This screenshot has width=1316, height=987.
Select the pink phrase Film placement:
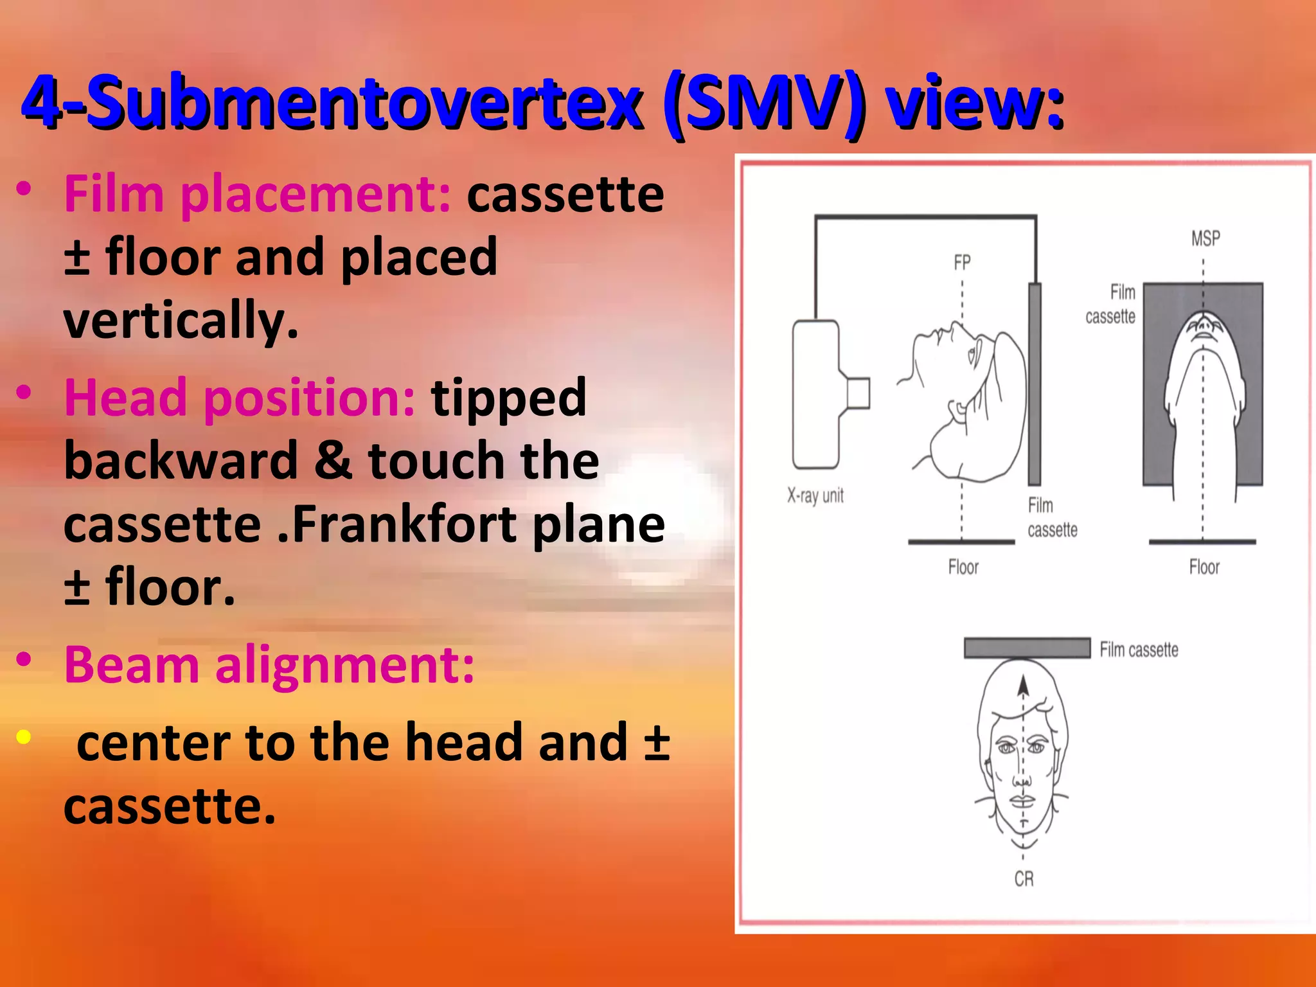point(257,194)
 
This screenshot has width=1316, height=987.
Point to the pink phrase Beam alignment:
point(269,665)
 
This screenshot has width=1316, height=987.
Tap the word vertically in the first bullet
point(181,320)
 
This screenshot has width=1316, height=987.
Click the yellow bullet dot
point(24,737)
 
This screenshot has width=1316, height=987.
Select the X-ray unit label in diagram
point(815,495)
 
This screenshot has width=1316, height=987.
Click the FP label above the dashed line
point(961,263)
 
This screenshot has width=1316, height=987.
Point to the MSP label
point(1205,239)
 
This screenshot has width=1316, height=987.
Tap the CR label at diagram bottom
point(1024,878)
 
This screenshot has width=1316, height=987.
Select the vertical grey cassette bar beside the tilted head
point(1034,384)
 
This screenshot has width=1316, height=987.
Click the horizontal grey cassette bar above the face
point(1026,648)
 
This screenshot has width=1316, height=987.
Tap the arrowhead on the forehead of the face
point(1023,687)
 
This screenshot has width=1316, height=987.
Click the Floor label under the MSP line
point(1204,567)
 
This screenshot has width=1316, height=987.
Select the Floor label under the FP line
point(963,567)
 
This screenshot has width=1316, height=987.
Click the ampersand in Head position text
point(333,461)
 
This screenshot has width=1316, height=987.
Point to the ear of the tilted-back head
point(957,411)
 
